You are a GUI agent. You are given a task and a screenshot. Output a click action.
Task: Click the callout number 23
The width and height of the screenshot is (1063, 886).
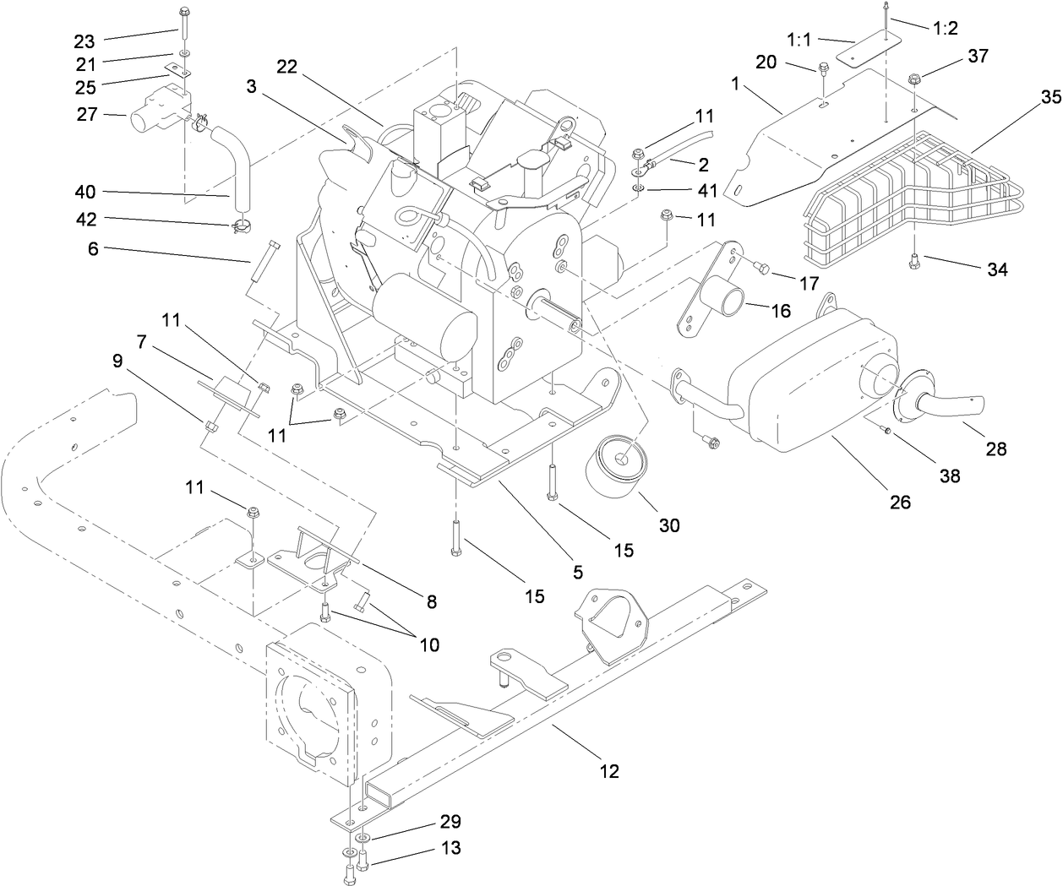tap(85, 40)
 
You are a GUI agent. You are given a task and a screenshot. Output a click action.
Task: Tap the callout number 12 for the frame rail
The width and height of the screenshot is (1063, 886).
tap(609, 770)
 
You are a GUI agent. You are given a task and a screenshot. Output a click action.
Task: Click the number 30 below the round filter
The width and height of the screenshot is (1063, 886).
tap(669, 525)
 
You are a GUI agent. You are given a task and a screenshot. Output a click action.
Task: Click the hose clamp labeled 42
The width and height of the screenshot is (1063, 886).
tap(240, 226)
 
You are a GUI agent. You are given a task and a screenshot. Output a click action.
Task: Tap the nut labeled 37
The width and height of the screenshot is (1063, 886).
tap(915, 80)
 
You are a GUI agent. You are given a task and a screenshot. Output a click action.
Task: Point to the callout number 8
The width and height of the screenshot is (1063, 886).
tap(431, 602)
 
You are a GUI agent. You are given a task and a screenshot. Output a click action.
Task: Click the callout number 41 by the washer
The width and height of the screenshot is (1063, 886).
tap(682, 192)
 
